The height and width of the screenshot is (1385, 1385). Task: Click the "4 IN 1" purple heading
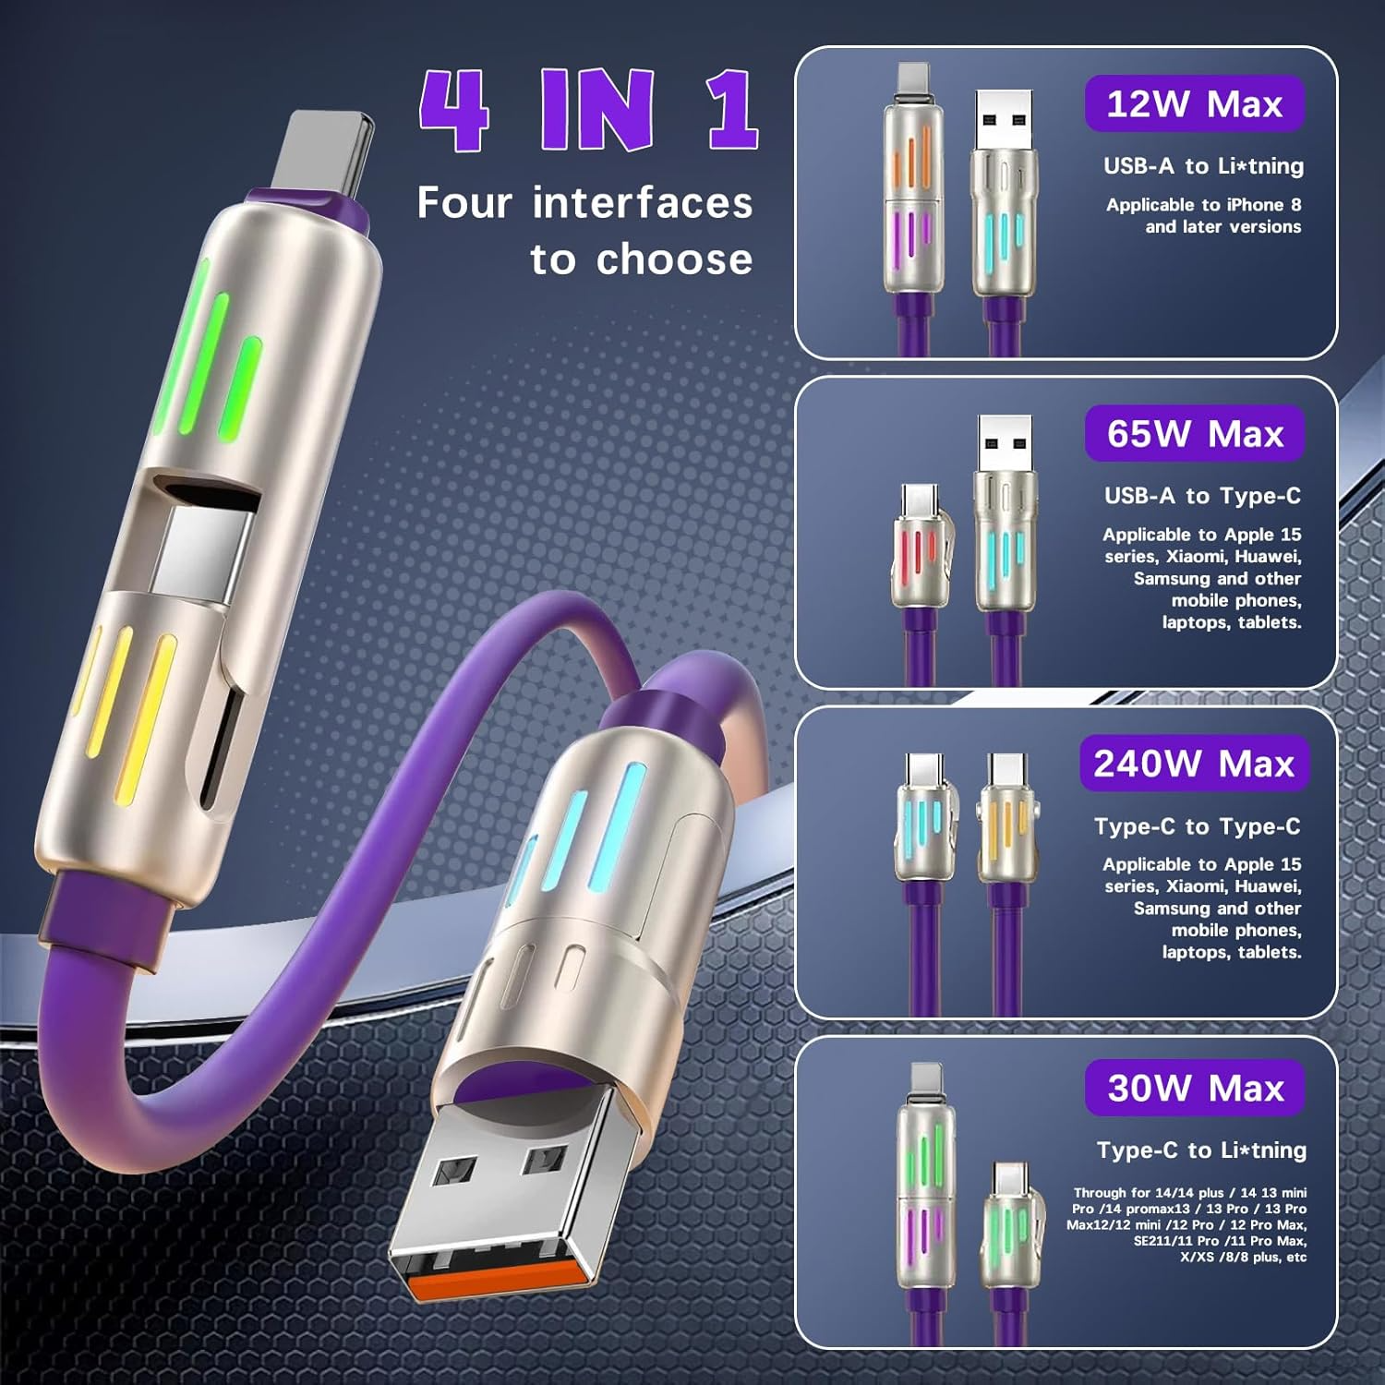(x=589, y=110)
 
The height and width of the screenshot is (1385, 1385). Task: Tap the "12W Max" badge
(x=1194, y=103)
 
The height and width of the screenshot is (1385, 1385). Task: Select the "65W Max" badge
(x=1195, y=433)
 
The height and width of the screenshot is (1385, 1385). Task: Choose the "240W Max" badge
(x=1194, y=763)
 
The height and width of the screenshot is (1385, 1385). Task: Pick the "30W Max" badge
(x=1195, y=1088)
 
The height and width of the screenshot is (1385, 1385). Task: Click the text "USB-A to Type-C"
(x=1202, y=496)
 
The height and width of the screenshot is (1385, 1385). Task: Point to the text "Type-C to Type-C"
(x=1198, y=826)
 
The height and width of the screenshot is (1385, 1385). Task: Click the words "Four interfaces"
(x=584, y=202)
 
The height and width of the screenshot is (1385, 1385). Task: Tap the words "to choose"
(x=642, y=259)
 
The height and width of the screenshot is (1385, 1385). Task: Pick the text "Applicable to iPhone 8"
(x=1203, y=205)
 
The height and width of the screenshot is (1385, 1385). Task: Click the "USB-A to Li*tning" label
(x=1204, y=166)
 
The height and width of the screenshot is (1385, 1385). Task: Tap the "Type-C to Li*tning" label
(x=1201, y=1150)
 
